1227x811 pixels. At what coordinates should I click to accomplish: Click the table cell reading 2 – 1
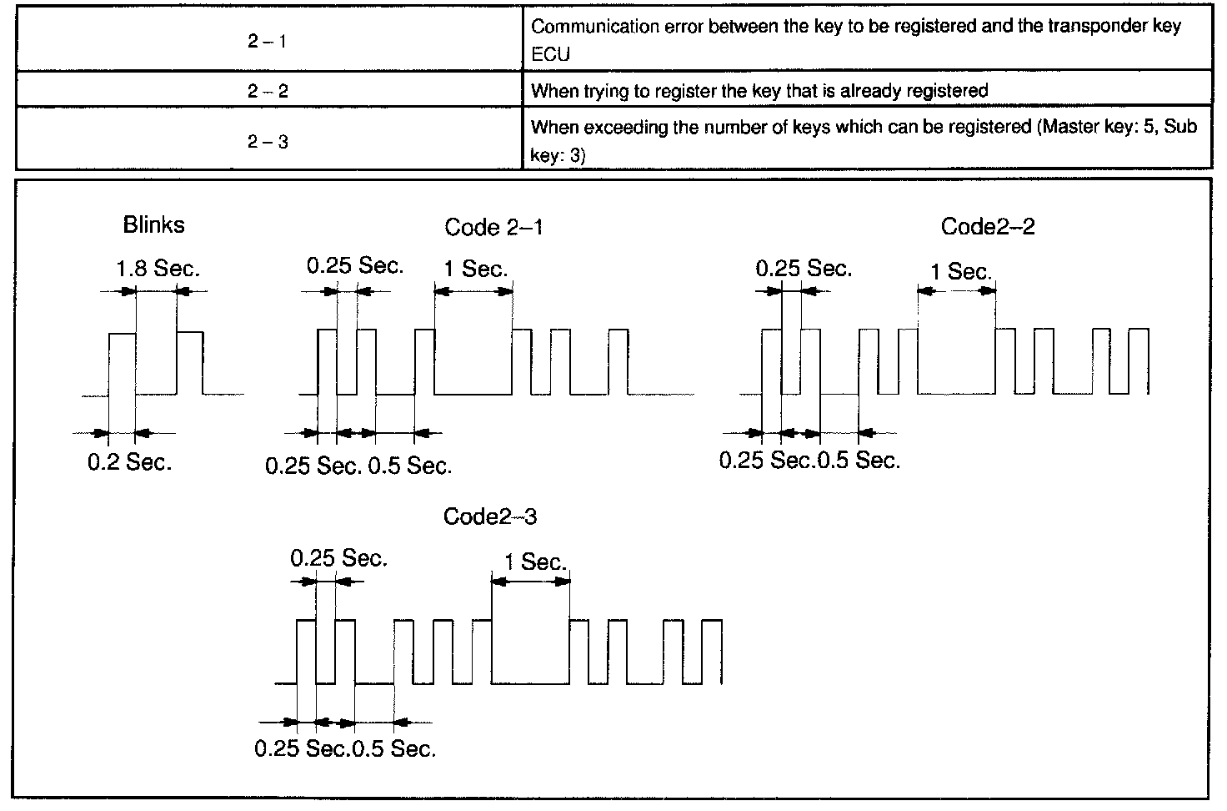point(268,41)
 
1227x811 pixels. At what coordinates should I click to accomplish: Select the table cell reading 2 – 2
point(268,91)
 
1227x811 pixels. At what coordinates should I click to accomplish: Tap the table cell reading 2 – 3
point(268,142)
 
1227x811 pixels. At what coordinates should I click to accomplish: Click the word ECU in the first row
point(550,55)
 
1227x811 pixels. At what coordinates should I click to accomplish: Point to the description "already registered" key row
point(759,91)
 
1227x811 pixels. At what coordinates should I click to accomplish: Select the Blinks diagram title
point(153,224)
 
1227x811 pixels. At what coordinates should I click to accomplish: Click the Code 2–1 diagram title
point(493,227)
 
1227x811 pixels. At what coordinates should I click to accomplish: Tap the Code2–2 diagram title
point(988,227)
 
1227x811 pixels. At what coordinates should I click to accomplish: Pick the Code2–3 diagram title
point(490,516)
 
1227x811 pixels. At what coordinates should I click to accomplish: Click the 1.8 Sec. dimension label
point(158,269)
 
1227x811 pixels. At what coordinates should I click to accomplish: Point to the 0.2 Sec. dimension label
point(129,462)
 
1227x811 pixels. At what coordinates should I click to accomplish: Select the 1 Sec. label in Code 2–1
point(475,269)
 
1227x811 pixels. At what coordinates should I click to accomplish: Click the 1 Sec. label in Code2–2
point(960,271)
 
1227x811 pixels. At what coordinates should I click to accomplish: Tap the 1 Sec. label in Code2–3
point(535,562)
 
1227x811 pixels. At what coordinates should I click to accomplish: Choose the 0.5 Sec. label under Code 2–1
point(410,466)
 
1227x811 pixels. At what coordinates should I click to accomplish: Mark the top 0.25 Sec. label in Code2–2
point(804,269)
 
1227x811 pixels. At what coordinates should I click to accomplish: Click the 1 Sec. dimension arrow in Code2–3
point(531,582)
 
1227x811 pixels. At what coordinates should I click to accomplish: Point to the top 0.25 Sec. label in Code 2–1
point(355,266)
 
